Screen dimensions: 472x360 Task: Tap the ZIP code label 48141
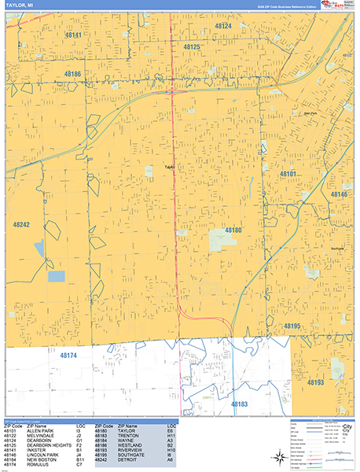point(74,35)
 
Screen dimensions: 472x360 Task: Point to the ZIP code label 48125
point(192,48)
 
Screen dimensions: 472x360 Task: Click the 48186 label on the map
point(73,74)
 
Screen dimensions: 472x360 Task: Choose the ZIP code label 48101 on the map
point(288,173)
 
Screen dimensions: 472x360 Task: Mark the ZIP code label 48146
point(338,194)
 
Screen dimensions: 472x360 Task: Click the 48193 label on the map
point(314,382)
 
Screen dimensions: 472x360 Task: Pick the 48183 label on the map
point(239,404)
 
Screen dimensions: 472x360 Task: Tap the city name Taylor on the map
point(169,167)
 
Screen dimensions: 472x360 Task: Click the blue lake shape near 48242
point(56,276)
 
